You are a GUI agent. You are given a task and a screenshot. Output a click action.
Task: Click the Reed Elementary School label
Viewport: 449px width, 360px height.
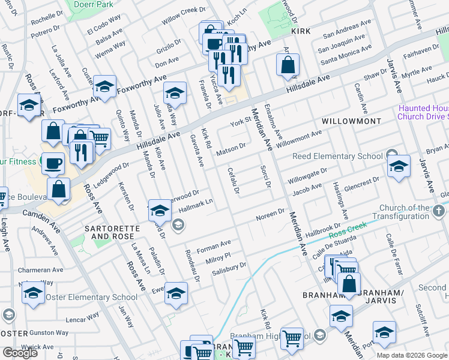point(337,157)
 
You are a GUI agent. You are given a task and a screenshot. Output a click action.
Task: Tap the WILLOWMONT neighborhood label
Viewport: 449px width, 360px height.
point(351,121)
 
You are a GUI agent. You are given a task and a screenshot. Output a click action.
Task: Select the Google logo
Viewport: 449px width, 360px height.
point(20,353)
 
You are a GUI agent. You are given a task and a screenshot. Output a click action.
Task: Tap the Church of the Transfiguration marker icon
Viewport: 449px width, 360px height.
point(439,211)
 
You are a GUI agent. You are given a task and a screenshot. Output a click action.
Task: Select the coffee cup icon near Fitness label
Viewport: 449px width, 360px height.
point(53,163)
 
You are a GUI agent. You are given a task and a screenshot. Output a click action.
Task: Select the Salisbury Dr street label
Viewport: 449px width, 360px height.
point(229,269)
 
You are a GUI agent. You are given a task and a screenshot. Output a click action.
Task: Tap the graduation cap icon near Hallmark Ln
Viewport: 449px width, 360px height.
point(160,210)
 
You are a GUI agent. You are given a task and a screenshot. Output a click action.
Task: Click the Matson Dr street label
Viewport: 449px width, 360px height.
point(231,149)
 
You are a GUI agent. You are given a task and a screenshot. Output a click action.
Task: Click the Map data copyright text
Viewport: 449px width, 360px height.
point(412,355)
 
